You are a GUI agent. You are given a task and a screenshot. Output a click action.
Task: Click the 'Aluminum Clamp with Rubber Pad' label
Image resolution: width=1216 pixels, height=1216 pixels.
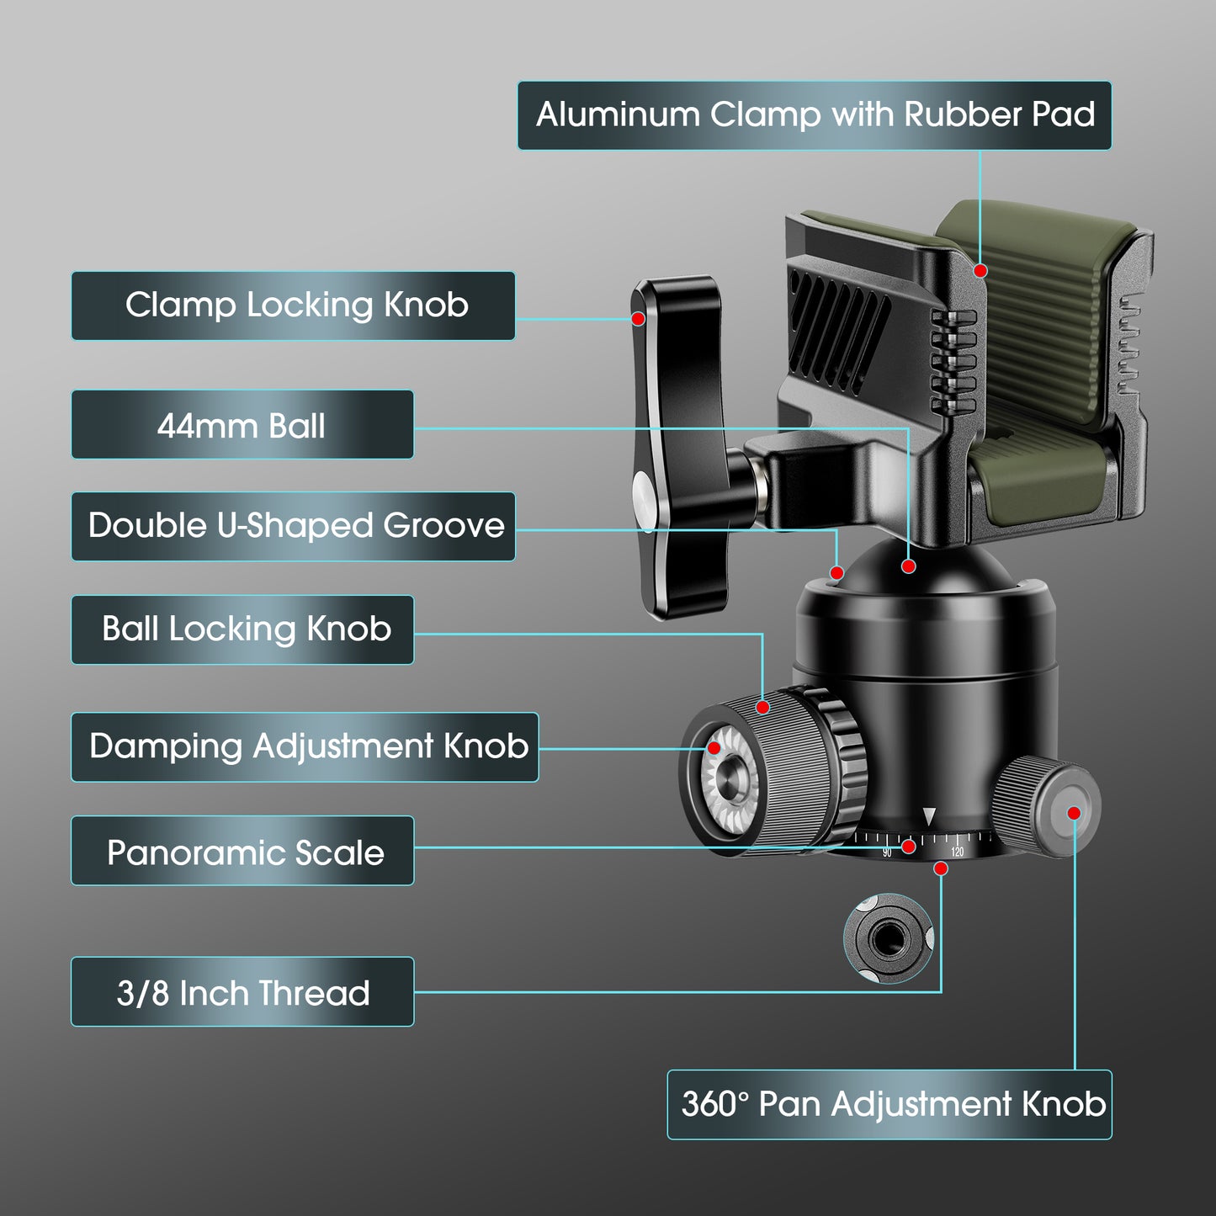click(814, 115)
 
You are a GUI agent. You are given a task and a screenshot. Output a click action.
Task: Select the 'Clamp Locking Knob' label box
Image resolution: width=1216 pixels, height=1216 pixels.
click(293, 305)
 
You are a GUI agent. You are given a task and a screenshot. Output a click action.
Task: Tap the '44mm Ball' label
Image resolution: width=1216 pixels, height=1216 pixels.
click(242, 425)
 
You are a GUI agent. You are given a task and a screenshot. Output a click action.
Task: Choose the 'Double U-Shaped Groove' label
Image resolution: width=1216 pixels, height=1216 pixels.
click(293, 526)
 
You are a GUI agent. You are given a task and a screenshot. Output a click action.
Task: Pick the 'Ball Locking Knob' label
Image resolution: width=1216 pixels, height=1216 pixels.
click(242, 629)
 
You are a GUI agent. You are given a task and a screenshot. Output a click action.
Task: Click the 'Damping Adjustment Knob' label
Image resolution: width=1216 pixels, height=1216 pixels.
click(305, 747)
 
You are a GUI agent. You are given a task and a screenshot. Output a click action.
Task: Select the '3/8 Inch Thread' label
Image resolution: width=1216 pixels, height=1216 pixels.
click(242, 992)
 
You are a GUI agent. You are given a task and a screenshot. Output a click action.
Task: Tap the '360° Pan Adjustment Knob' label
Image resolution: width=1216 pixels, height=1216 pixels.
click(889, 1105)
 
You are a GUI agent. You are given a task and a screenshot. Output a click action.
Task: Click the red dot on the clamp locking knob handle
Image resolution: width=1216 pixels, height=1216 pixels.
click(639, 319)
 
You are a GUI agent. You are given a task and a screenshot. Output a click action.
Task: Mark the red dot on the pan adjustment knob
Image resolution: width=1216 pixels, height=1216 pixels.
click(1074, 812)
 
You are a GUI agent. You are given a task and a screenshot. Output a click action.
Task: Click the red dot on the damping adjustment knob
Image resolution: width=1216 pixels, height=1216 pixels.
click(714, 747)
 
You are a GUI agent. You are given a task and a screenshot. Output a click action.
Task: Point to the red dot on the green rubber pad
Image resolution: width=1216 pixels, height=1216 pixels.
click(980, 270)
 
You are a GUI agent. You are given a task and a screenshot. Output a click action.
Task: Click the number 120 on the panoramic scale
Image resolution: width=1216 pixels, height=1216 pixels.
click(957, 852)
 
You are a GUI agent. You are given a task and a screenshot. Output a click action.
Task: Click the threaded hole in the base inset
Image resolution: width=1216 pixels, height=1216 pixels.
click(886, 937)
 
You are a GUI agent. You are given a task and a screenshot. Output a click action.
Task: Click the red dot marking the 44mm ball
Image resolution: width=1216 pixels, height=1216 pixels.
click(908, 566)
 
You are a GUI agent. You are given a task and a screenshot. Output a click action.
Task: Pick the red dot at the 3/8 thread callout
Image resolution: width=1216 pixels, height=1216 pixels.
click(941, 868)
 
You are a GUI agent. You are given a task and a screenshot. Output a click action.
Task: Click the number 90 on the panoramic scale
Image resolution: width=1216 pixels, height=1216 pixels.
click(887, 853)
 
